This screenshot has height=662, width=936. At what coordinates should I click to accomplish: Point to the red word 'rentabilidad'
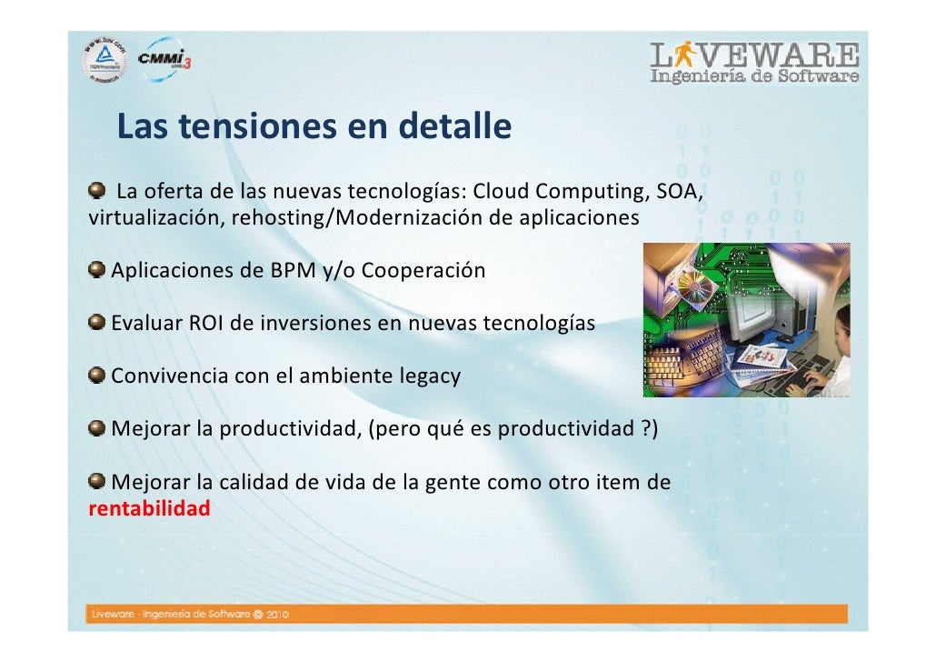tap(149, 508)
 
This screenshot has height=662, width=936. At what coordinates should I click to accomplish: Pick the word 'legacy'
tap(429, 376)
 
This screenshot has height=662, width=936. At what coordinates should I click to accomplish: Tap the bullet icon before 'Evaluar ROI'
tap(96, 323)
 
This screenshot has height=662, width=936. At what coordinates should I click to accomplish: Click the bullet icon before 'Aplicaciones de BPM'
tap(96, 271)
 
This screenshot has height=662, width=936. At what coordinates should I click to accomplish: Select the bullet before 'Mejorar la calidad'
tap(96, 482)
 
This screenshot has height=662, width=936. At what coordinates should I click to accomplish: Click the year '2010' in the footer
tap(274, 615)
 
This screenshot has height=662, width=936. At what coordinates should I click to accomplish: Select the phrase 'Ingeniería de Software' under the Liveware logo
tap(754, 77)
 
